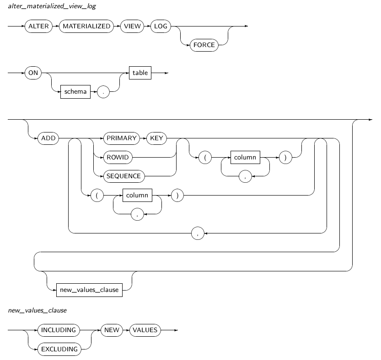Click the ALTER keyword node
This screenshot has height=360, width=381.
click(38, 26)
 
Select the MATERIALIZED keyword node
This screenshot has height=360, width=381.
click(86, 26)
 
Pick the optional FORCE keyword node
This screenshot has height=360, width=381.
click(204, 45)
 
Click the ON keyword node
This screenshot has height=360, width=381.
click(33, 73)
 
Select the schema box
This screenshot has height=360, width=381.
click(75, 91)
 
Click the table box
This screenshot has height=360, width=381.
click(140, 73)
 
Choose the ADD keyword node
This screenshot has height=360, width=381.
click(48, 138)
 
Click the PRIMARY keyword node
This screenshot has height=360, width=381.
click(121, 138)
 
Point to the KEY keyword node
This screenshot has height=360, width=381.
click(156, 138)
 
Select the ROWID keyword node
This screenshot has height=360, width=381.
click(118, 157)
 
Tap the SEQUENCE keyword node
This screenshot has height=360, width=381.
click(123, 175)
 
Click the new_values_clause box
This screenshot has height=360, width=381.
click(89, 290)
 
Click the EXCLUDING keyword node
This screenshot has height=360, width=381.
click(59, 349)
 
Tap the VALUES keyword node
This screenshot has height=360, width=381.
click(145, 330)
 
